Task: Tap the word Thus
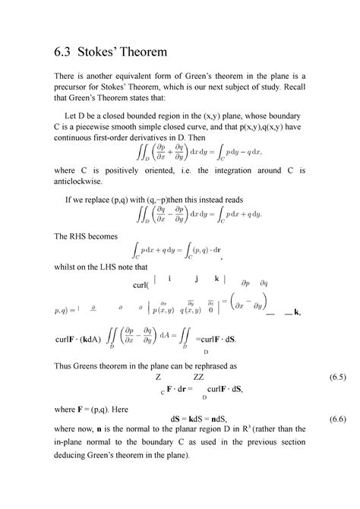click(63, 364)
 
